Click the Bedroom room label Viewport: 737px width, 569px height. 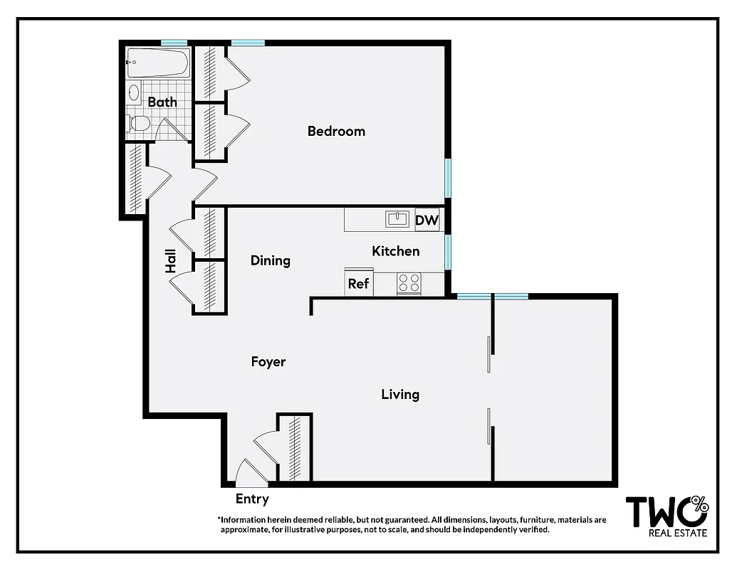pyautogui.click(x=336, y=131)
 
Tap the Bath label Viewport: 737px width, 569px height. pyautogui.click(x=162, y=102)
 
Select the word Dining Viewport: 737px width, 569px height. pyautogui.click(x=271, y=260)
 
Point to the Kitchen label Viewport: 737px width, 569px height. pyautogui.click(x=396, y=251)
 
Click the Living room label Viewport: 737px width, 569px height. pyautogui.click(x=400, y=394)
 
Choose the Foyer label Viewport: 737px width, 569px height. pyautogui.click(x=268, y=361)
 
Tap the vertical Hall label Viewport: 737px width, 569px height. pyautogui.click(x=171, y=261)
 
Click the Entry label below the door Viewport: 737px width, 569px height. pyautogui.click(x=252, y=499)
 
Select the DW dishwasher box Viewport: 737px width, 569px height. pyautogui.click(x=427, y=220)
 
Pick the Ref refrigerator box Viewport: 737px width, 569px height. pyautogui.click(x=358, y=283)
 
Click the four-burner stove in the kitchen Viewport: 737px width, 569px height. pyautogui.click(x=409, y=284)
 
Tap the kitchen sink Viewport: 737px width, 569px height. pyautogui.click(x=397, y=219)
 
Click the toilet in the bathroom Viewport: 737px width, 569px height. pyautogui.click(x=138, y=124)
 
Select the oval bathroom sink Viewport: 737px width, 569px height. pyautogui.click(x=133, y=92)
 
